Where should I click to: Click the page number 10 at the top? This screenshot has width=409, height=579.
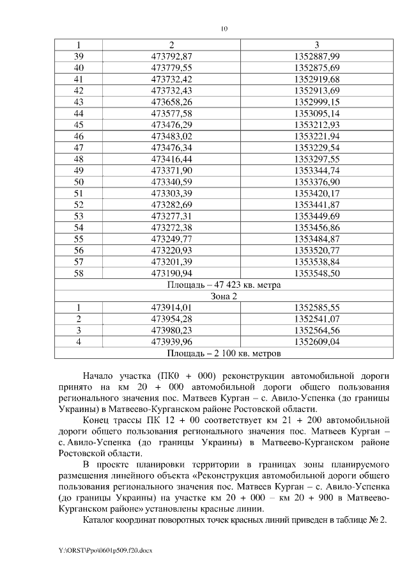click(x=224, y=28)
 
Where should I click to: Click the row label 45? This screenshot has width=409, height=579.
click(x=79, y=124)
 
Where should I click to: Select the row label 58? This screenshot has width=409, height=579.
click(x=79, y=273)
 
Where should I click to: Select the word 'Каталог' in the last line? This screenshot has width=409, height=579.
click(x=102, y=520)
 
